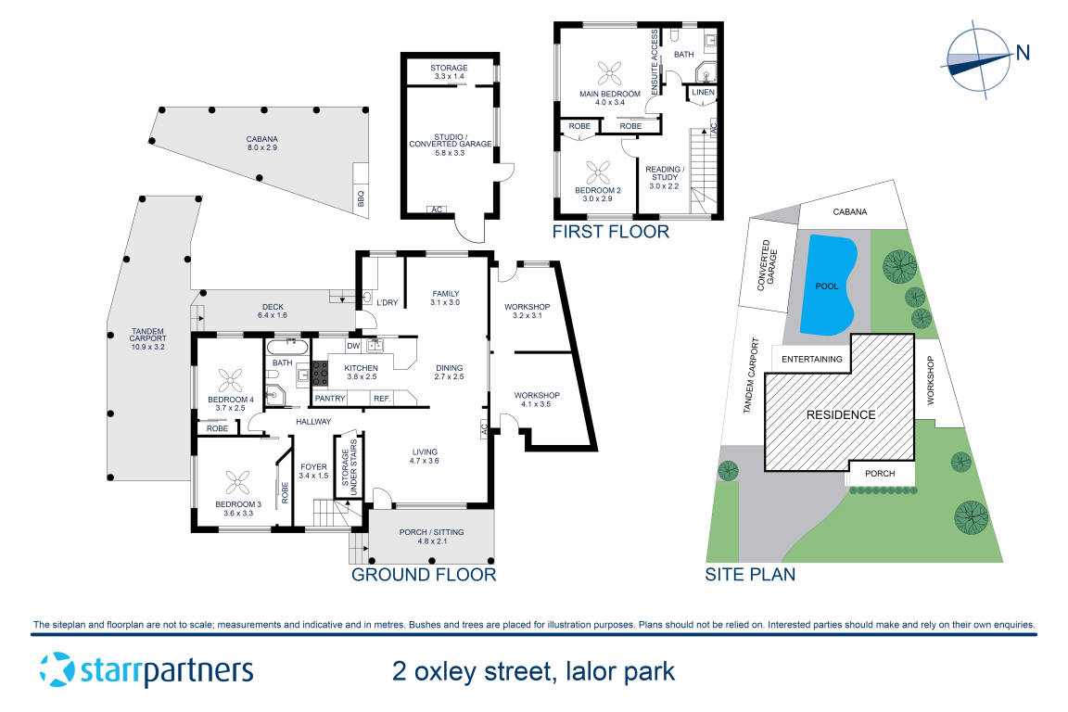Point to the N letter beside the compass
point(1023,53)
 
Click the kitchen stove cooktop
point(320,373)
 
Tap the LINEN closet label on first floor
point(703,93)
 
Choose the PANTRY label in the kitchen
point(330,399)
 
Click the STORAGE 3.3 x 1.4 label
point(449,72)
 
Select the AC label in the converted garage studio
point(436,210)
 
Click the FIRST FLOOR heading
point(610,232)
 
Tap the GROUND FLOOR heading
point(424,575)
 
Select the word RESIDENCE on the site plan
point(839,414)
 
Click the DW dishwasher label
point(352,346)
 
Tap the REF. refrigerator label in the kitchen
point(381,399)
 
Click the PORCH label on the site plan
point(880,474)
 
